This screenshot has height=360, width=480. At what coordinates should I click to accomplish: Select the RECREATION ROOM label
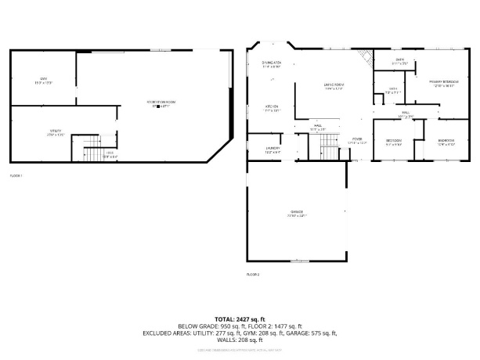coord(161,103)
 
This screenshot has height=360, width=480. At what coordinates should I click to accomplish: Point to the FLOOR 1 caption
coord(16,175)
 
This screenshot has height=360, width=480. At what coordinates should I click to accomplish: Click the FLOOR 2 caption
coord(253,275)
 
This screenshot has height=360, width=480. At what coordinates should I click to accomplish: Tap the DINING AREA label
coord(272,65)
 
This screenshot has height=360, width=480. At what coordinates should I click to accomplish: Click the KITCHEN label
coord(272,108)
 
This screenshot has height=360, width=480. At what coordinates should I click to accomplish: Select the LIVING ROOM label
coord(334,85)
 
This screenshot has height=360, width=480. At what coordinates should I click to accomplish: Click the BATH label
coord(399,60)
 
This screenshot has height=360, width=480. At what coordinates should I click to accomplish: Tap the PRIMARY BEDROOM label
coord(444,84)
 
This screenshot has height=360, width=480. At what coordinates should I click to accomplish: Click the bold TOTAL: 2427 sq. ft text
coord(240,319)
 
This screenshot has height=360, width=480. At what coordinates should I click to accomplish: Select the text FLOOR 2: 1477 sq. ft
coord(273,326)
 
